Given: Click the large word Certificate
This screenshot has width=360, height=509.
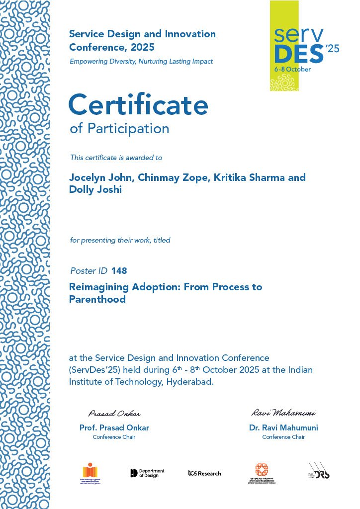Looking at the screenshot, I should [138, 105].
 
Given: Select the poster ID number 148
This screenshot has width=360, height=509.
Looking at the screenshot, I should [119, 271].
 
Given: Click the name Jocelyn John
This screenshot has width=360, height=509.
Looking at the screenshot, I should [101, 177].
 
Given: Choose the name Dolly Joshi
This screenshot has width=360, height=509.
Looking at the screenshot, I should [95, 189].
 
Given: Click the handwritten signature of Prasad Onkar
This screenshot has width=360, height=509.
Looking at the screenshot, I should [114, 414].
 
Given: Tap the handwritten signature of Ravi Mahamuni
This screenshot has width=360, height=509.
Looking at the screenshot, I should [283, 413].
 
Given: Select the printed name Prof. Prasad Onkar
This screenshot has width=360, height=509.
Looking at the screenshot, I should [114, 427].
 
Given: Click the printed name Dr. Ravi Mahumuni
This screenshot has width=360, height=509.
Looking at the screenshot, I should [283, 427].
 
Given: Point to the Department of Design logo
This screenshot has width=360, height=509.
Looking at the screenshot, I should [147, 473].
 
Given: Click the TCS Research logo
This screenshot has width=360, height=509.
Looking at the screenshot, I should [204, 473].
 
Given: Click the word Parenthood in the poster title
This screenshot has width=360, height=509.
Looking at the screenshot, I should [97, 299].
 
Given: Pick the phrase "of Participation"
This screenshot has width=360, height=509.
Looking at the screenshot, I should [119, 128].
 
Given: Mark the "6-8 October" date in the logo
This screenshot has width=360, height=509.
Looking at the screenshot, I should [293, 69].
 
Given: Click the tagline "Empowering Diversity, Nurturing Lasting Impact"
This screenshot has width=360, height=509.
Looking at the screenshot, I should [141, 62].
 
